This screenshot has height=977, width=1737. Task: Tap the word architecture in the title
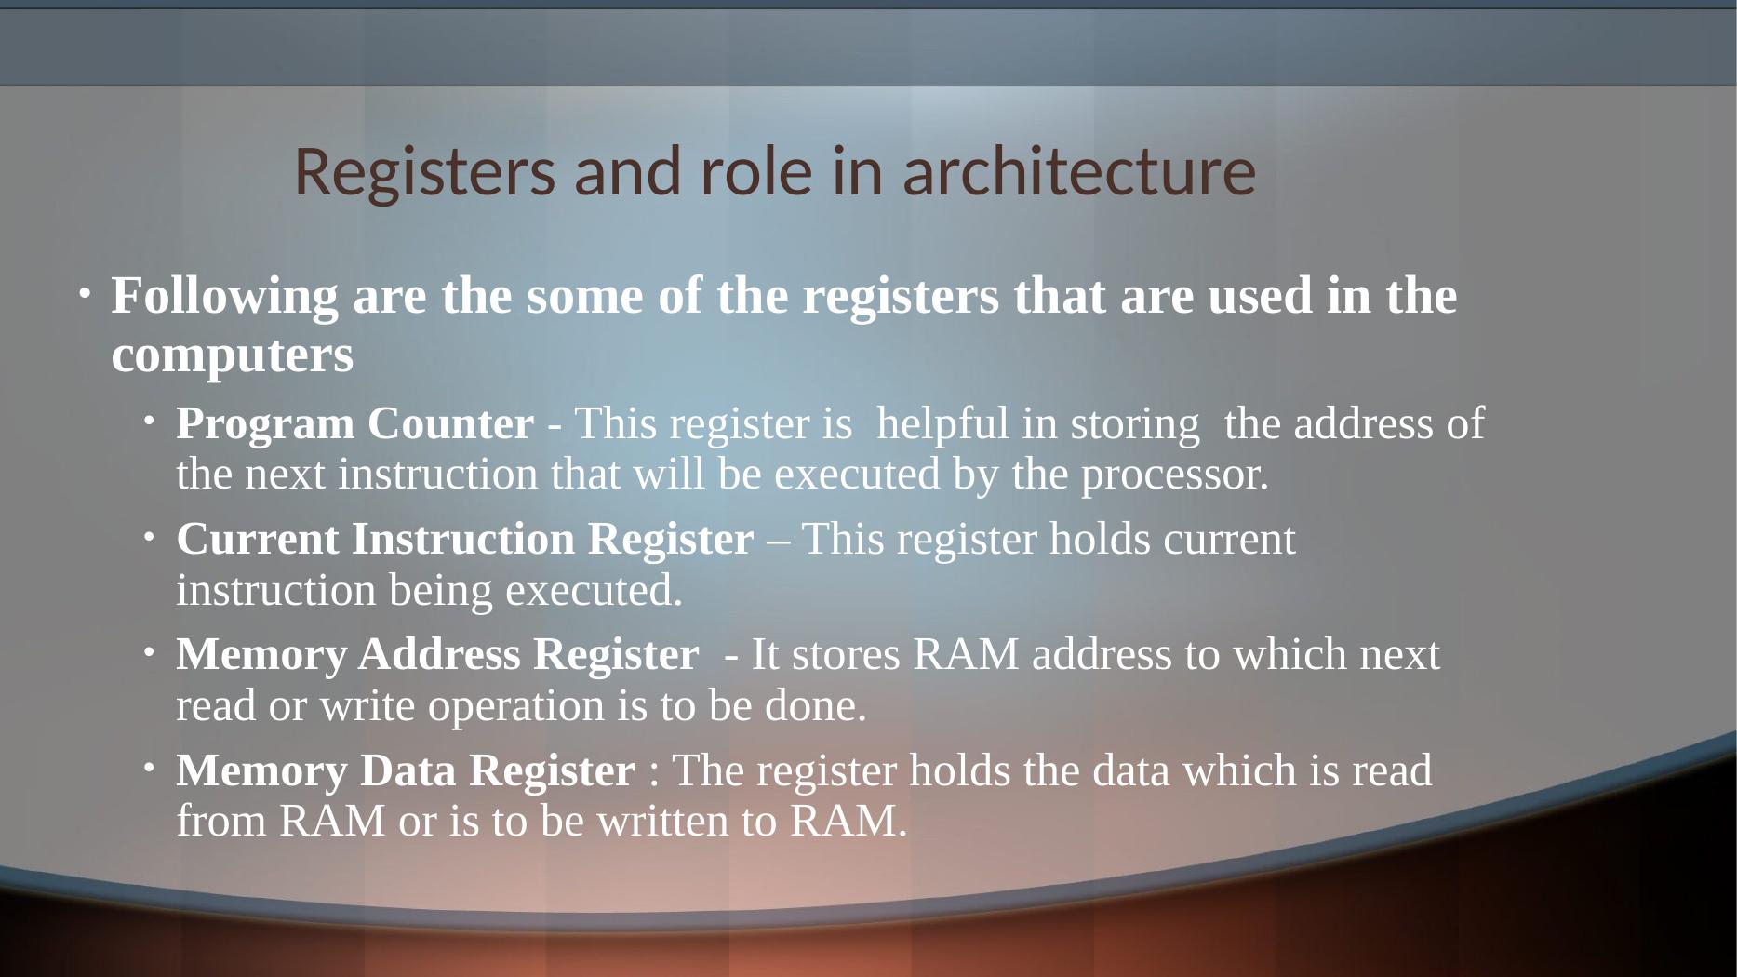(1080, 173)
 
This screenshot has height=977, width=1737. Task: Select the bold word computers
(232, 355)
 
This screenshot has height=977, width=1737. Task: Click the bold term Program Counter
(354, 424)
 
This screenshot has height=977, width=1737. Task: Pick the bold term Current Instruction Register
(464, 540)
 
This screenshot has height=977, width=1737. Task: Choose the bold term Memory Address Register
(436, 655)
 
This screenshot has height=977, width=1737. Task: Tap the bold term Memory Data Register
(405, 771)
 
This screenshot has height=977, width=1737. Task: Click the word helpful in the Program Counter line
(942, 424)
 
